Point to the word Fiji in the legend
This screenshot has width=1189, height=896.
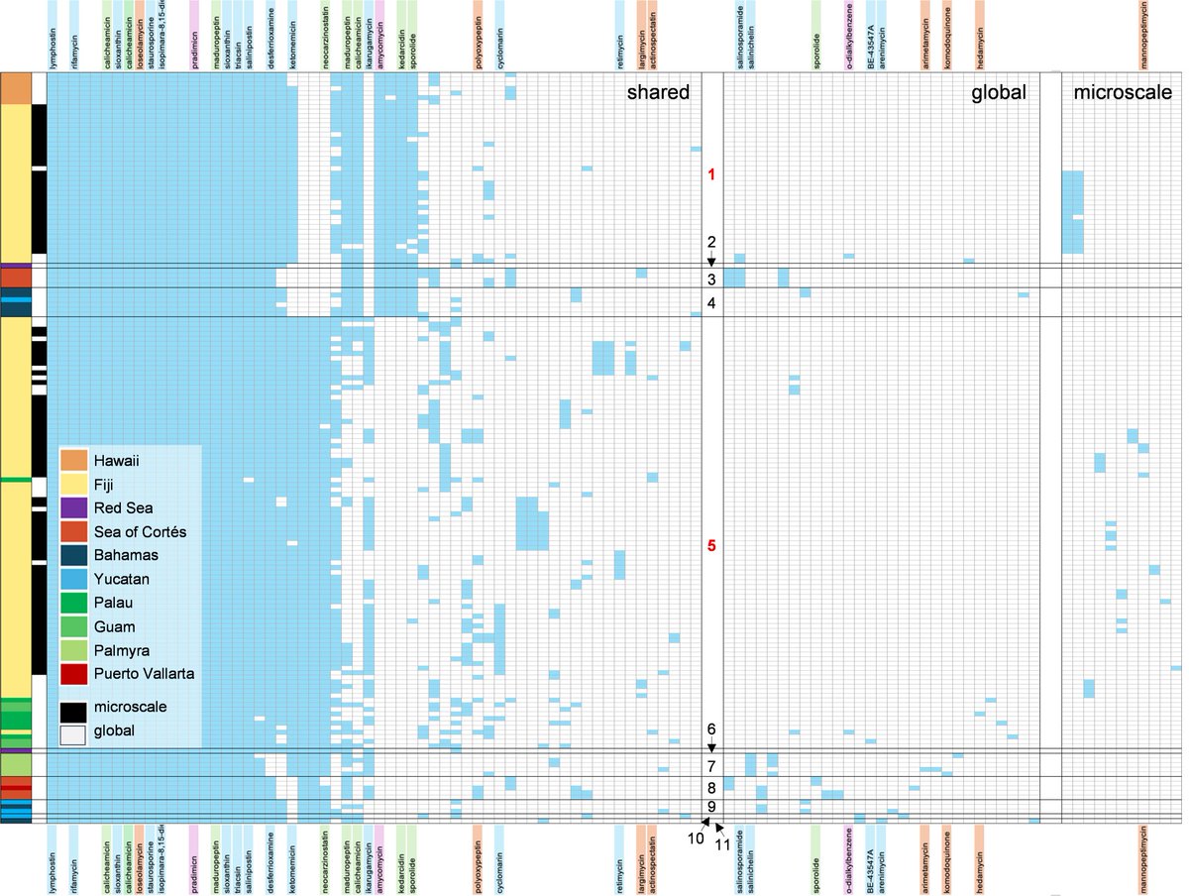coord(106,484)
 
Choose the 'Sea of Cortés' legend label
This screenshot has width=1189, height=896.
coord(140,531)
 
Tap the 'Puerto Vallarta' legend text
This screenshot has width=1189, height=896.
coord(144,674)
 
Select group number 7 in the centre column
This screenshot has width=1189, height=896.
coord(711,766)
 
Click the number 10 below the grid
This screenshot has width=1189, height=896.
coord(697,838)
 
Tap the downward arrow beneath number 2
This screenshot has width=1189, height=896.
coord(711,260)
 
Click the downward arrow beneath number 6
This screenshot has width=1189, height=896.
coord(711,746)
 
